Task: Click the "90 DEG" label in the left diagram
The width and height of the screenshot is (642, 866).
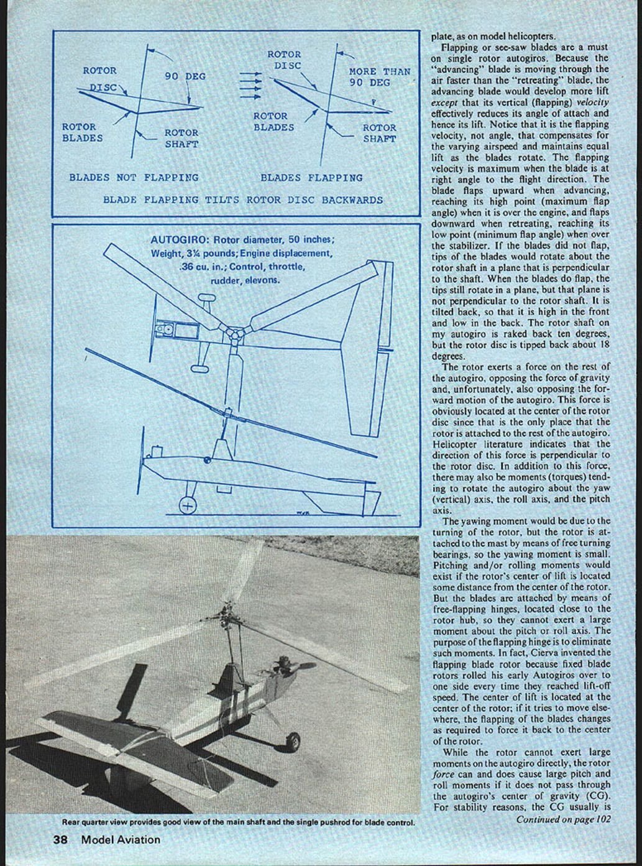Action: [x=185, y=76]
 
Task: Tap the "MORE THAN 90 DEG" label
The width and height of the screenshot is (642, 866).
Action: [x=379, y=77]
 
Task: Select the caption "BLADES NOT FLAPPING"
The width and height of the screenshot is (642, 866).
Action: [x=134, y=178]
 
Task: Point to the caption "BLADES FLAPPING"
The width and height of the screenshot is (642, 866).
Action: [x=311, y=178]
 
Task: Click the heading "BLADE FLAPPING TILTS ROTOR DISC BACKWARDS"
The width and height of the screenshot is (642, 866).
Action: [x=242, y=200]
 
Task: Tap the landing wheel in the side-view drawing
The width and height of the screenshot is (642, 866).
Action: [x=187, y=505]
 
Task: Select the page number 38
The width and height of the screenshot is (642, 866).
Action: [x=60, y=840]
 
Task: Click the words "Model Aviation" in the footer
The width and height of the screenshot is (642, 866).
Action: [x=121, y=840]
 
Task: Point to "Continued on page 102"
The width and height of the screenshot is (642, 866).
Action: [x=562, y=819]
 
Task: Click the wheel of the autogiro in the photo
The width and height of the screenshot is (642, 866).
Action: [x=292, y=742]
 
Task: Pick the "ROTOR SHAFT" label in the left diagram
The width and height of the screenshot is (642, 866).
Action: [x=181, y=138]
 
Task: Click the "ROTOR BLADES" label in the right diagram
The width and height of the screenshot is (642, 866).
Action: [x=273, y=122]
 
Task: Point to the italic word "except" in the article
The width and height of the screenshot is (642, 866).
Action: [x=446, y=102]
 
